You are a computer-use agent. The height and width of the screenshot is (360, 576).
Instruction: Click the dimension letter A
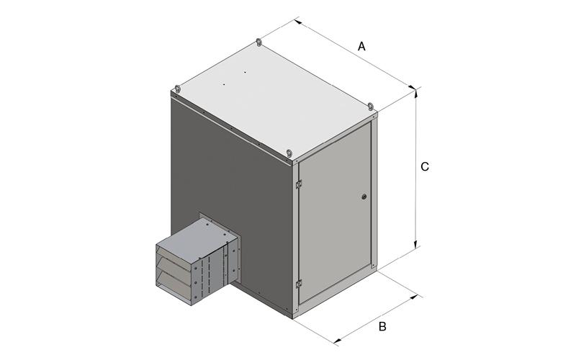click(x=361, y=47)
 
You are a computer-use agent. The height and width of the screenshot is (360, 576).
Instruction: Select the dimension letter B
click(x=382, y=326)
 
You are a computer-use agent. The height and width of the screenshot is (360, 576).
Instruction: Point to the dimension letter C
click(x=425, y=167)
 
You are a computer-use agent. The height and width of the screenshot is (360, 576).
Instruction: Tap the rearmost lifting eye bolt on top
click(x=259, y=42)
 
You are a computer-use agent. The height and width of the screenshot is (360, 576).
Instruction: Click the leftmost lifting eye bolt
click(x=178, y=89)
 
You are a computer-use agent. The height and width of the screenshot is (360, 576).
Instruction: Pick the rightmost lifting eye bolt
click(x=371, y=107)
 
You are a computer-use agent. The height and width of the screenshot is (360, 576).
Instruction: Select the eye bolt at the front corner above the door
click(x=289, y=153)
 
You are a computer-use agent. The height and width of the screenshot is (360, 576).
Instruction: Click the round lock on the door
click(x=364, y=197)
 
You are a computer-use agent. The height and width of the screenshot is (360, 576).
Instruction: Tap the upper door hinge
click(x=299, y=184)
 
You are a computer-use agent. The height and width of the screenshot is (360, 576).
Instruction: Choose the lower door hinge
click(x=299, y=284)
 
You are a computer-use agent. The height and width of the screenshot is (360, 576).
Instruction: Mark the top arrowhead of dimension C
click(x=415, y=94)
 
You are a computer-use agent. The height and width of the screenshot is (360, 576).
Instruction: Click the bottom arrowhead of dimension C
click(x=415, y=244)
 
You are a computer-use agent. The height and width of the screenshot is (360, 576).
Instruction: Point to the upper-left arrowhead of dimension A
click(x=298, y=22)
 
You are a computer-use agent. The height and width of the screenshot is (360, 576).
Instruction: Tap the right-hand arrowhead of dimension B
click(x=414, y=297)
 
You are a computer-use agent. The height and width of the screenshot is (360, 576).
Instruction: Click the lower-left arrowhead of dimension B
click(x=336, y=341)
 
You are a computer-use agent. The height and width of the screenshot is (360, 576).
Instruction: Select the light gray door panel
click(x=335, y=212)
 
